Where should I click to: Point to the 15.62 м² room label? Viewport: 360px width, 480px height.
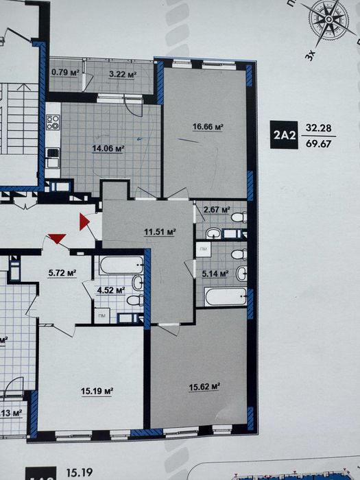pyautogui.click(x=204, y=386)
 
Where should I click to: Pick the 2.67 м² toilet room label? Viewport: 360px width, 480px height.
pyautogui.click(x=216, y=209)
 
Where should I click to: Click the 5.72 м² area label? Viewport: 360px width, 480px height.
pyautogui.click(x=62, y=272)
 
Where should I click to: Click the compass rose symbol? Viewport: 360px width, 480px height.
pyautogui.click(x=330, y=20)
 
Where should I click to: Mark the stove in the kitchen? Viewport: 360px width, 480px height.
pyautogui.click(x=53, y=123)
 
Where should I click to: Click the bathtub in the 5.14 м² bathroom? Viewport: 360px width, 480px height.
pyautogui.click(x=225, y=298)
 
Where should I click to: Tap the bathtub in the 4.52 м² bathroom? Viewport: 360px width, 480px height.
pyautogui.click(x=121, y=265)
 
